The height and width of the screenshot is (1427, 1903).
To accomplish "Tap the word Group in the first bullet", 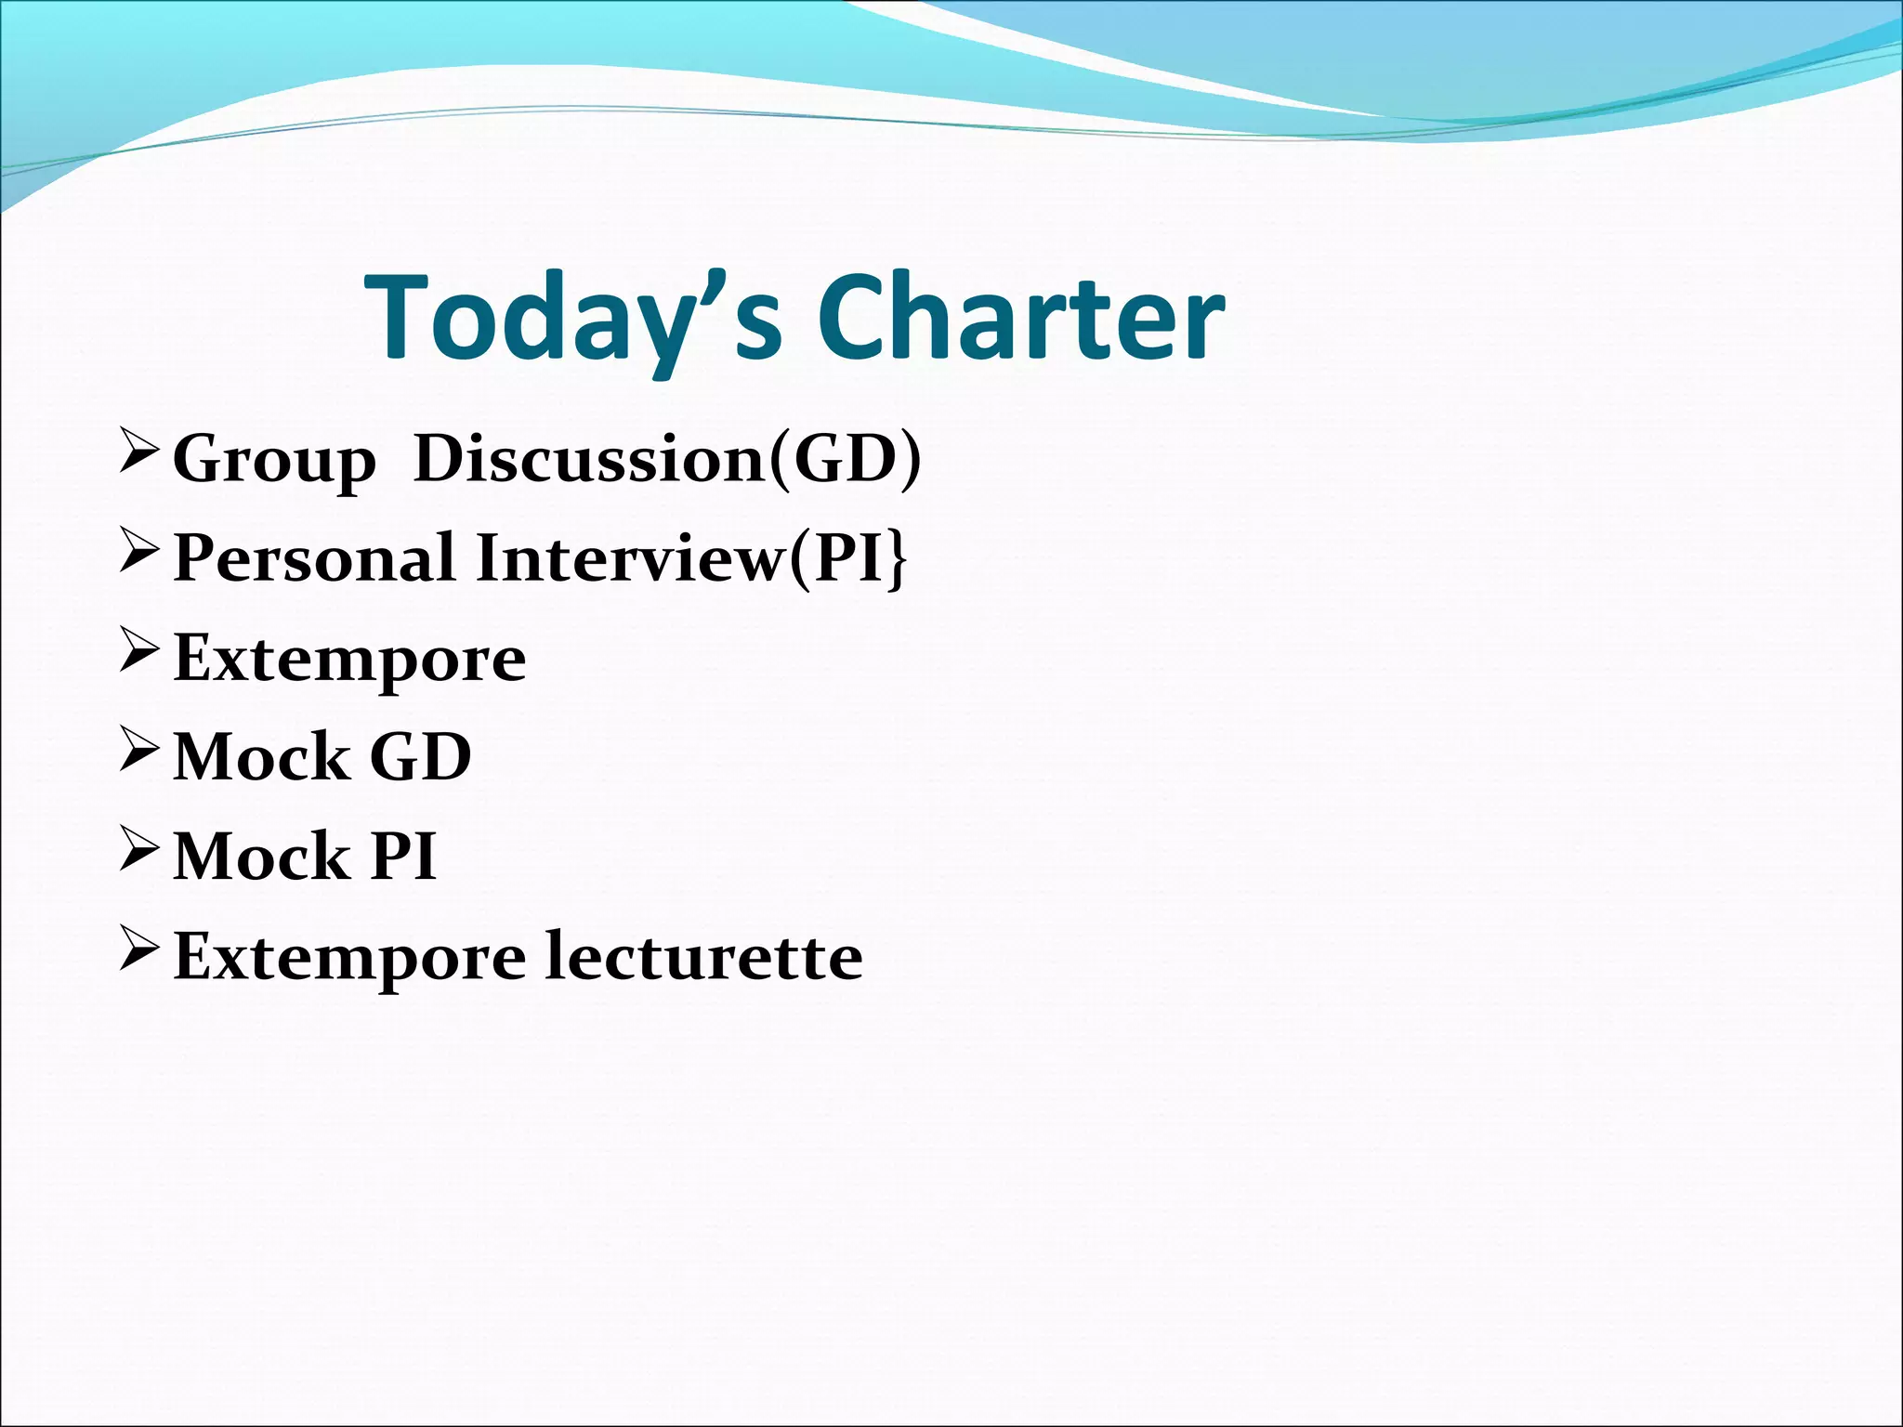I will coord(274,460).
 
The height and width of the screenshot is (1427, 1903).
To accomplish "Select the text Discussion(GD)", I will coord(667,459).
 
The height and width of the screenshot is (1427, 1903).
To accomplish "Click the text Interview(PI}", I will coord(691,558).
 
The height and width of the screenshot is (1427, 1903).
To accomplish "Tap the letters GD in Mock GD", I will coord(421,757).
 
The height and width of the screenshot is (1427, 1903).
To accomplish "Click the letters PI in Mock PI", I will coord(403,857).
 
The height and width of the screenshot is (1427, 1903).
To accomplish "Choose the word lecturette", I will coord(703,956).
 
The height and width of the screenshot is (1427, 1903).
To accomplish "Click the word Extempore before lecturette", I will coord(349,958).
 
